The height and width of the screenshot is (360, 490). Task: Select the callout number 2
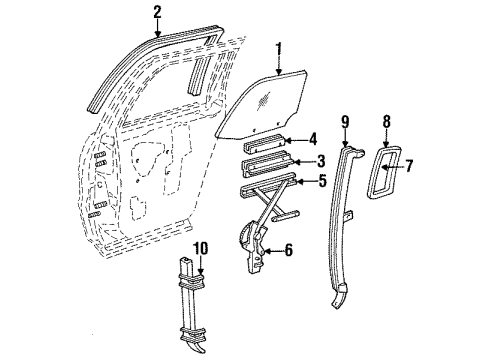point(157,12)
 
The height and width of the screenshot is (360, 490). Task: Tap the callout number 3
point(321,162)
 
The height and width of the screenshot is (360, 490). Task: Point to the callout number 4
point(312,139)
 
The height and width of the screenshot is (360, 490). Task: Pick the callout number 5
point(320,182)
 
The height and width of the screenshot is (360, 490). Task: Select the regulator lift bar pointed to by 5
point(265,185)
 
